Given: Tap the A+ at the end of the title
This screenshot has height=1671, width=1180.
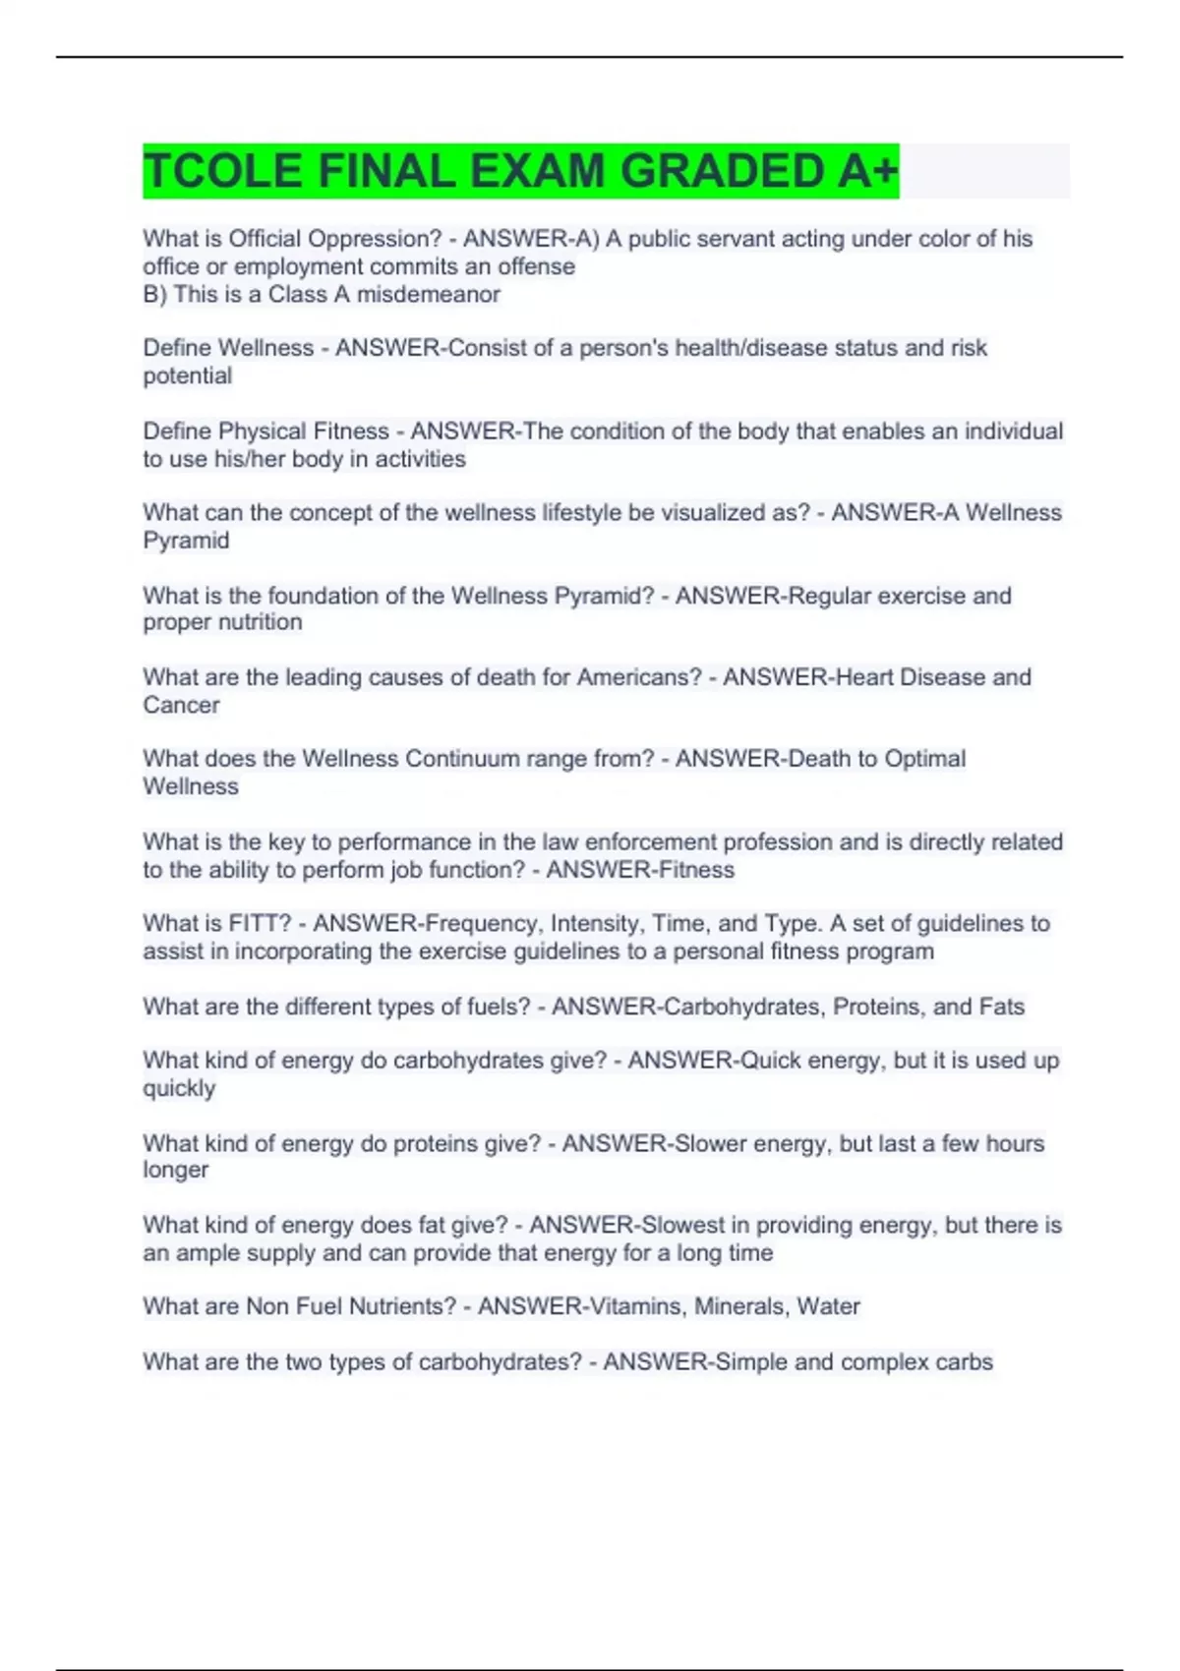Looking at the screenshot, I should coord(868,171).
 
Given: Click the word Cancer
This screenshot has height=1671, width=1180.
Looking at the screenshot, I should coord(181,705).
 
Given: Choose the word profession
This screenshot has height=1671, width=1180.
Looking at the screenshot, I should coord(778,842).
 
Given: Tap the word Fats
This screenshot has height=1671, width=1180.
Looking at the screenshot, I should coord(1001,1007).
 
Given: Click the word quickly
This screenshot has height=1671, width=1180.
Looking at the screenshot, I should coord(179,1088).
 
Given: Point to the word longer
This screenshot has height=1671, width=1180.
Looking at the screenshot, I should coord(176,1170).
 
